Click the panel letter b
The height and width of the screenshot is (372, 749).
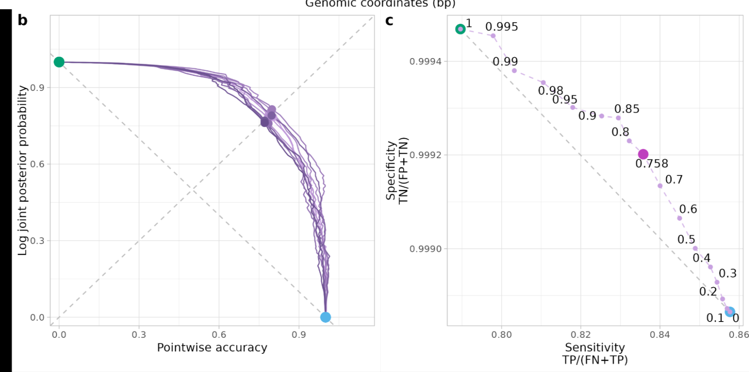coord(23,21)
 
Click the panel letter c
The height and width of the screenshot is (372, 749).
coord(389,21)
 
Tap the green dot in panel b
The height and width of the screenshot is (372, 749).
coord(59,62)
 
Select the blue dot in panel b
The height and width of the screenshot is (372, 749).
coord(325,317)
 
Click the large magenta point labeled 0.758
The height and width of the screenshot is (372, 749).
coord(643,154)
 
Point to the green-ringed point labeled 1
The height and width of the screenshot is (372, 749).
coord(460,29)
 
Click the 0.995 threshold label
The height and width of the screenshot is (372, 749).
coord(501,27)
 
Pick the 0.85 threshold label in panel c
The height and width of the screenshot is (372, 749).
coord(627,109)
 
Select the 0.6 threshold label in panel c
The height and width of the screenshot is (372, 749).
coord(688,209)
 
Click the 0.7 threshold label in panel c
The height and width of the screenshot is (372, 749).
coord(674,180)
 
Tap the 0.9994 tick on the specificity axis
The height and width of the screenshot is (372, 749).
coord(426,62)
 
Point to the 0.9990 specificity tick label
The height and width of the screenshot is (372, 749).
coord(426,249)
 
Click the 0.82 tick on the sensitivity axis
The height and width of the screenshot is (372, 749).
coord(580,335)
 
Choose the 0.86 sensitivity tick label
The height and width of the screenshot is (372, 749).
coord(739,335)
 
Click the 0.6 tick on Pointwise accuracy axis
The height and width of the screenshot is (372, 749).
coord(219,335)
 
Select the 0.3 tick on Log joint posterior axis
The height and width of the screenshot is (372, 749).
coord(37,241)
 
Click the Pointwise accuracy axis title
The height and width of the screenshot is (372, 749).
coord(212,348)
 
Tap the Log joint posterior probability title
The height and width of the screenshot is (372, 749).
coord(23,170)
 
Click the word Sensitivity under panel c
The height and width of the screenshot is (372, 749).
coord(595,347)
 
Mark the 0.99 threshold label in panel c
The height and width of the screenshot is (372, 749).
coord(505,62)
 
